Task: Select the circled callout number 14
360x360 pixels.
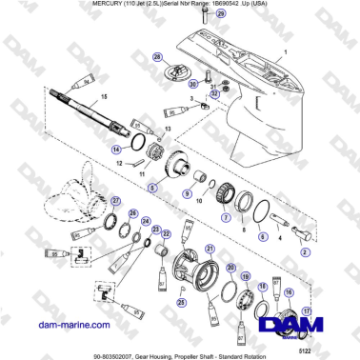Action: point(115,150)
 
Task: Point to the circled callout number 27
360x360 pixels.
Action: point(116,201)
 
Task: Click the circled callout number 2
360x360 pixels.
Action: point(306,251)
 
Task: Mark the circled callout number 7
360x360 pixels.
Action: point(225,218)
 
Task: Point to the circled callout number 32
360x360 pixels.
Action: point(214,93)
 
